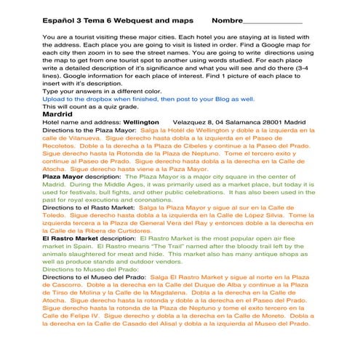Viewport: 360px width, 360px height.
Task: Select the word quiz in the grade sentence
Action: [x=122, y=106]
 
